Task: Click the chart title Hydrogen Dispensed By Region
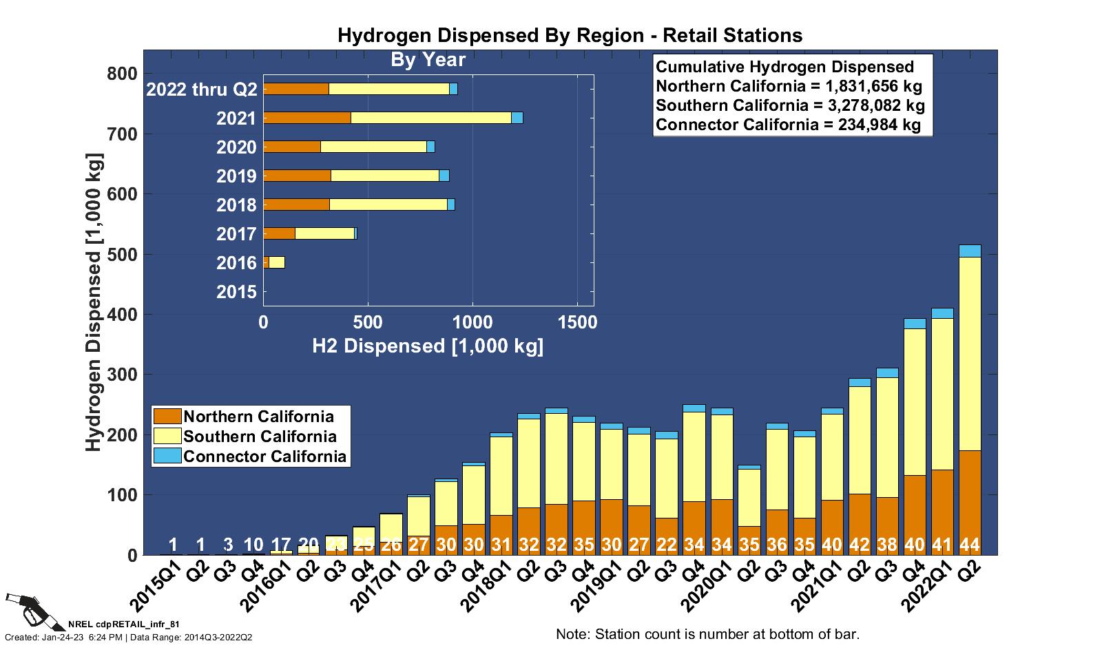pyautogui.click(x=570, y=36)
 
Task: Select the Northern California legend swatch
pyautogui.click(x=167, y=417)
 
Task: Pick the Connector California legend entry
pyautogui.click(x=264, y=457)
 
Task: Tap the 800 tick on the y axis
pyautogui.click(x=123, y=74)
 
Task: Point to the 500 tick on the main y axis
pyautogui.click(x=123, y=254)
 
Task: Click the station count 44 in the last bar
pyautogui.click(x=970, y=545)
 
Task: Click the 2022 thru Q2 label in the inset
pyautogui.click(x=202, y=90)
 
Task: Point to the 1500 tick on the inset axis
pyautogui.click(x=577, y=322)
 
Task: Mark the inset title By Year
pyautogui.click(x=428, y=60)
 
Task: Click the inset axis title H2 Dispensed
pyautogui.click(x=428, y=346)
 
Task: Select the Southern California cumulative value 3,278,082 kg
pyautogui.click(x=790, y=106)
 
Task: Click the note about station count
pyautogui.click(x=707, y=634)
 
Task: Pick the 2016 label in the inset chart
pyautogui.click(x=236, y=263)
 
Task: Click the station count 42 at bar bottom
pyautogui.click(x=860, y=545)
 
